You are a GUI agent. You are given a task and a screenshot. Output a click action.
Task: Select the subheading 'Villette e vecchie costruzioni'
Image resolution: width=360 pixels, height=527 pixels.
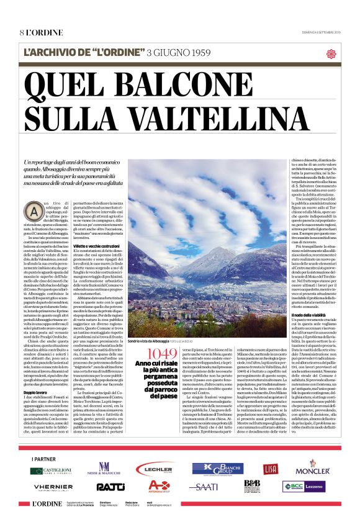(x=106, y=245)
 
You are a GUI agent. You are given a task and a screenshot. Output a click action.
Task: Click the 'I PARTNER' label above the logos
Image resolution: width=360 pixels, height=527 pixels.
(x=42, y=458)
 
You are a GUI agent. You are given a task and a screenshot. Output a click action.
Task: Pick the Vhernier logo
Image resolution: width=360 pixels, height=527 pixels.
(x=53, y=487)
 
